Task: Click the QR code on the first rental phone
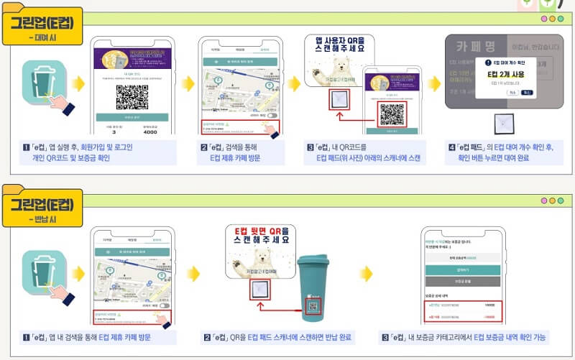(x=132, y=96)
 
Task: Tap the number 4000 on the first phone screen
(x=149, y=131)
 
